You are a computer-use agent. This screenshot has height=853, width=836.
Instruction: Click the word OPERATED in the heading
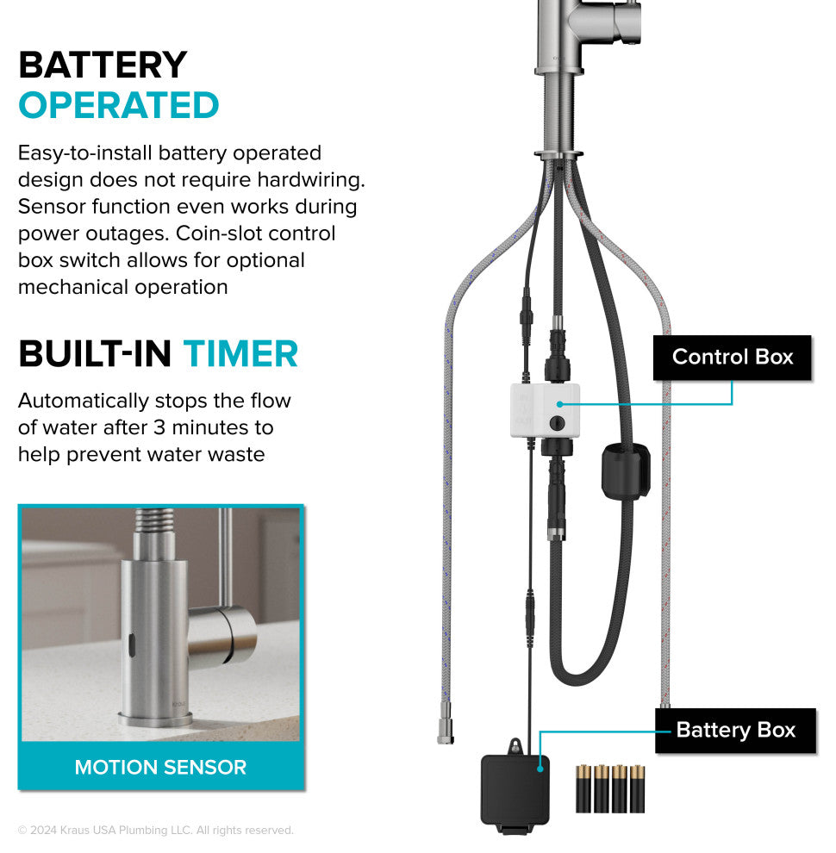119,105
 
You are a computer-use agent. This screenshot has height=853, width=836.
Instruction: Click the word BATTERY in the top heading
103,65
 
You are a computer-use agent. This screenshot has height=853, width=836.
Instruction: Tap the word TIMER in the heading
240,353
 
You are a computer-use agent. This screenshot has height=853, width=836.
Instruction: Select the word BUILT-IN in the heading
96,353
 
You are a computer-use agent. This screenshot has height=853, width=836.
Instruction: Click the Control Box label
732,357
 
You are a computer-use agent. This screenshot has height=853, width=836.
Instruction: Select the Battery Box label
735,731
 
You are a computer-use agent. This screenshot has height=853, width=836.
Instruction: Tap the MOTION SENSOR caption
160,767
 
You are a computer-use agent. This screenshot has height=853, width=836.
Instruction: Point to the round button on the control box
557,423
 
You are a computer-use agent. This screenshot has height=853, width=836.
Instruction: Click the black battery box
515,788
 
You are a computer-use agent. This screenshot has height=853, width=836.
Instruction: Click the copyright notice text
155,831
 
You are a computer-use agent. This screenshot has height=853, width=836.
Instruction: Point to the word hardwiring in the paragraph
310,180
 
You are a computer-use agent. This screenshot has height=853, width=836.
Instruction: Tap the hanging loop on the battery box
516,746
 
